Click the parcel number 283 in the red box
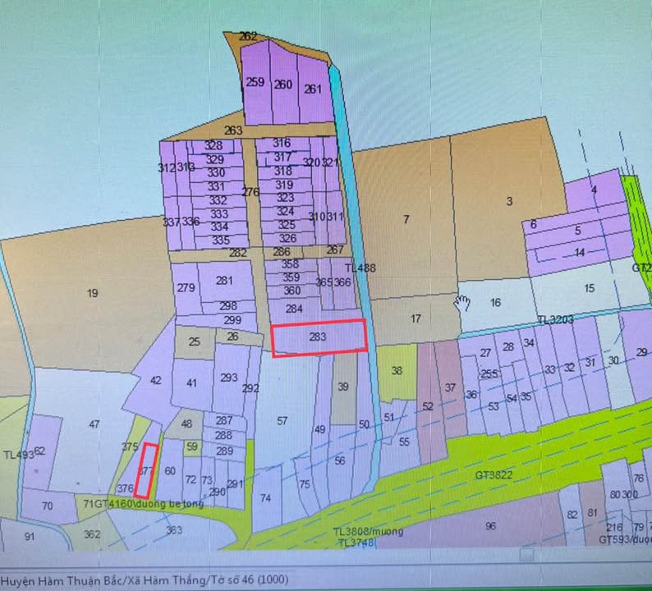tap(318, 337)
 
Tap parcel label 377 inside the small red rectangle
tap(146, 471)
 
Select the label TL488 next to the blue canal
tap(360, 268)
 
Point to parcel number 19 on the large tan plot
tap(92, 293)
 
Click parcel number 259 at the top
tap(255, 82)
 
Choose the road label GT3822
tap(493, 475)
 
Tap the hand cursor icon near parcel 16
tap(463, 302)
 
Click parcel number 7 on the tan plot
tap(406, 219)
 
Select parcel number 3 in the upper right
tap(509, 201)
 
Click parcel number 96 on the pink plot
tap(491, 525)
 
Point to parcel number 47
tap(94, 424)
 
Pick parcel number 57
tap(282, 421)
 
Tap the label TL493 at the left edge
tap(16, 455)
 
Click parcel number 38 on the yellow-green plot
tap(397, 371)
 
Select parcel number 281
tap(224, 281)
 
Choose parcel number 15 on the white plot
tap(589, 288)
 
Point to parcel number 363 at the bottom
tap(174, 530)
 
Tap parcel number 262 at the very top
tap(248, 36)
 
